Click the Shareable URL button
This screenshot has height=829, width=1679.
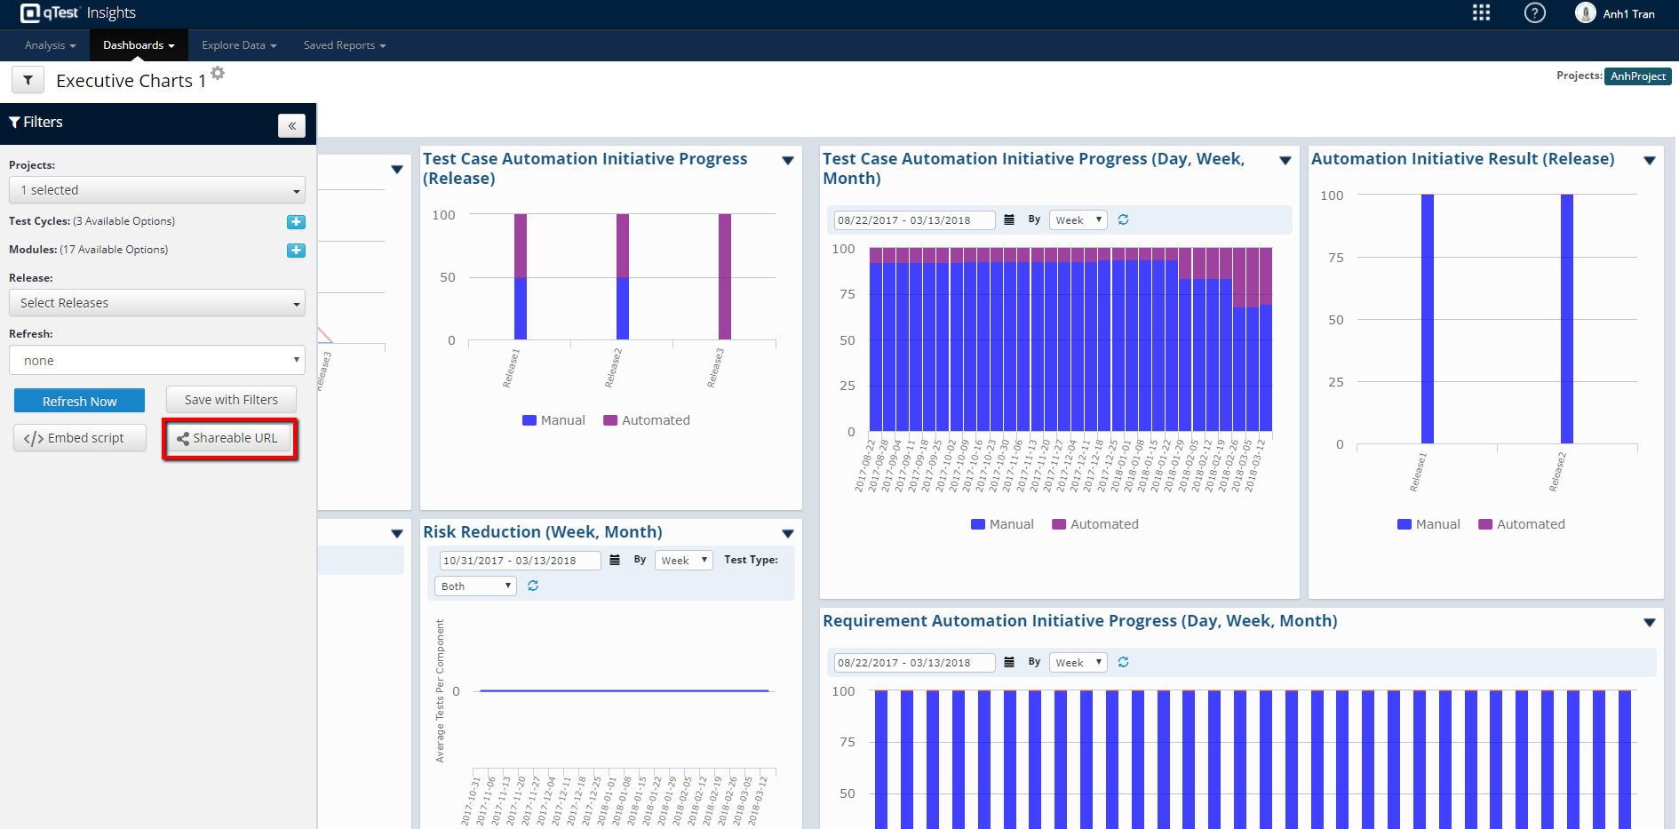click(x=229, y=438)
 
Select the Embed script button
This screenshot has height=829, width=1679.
click(x=80, y=438)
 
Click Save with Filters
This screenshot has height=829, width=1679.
click(x=231, y=400)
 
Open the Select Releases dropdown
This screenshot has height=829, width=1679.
click(x=157, y=303)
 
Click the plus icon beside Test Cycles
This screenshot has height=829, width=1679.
click(x=296, y=222)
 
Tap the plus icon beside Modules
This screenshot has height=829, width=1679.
click(x=296, y=251)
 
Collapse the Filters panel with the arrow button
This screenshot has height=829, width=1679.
click(x=291, y=125)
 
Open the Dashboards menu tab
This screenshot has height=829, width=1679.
click(x=139, y=45)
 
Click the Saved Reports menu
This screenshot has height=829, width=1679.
click(x=344, y=45)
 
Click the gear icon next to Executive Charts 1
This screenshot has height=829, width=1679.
click(x=218, y=73)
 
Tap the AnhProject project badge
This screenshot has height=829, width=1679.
click(x=1637, y=76)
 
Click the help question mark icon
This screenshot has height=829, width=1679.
click(x=1534, y=13)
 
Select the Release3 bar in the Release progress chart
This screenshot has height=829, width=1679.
click(x=725, y=276)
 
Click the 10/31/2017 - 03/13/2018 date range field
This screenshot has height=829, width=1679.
click(x=520, y=561)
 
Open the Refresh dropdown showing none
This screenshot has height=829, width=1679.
click(x=157, y=361)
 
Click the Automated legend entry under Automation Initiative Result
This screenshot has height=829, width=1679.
click(x=1522, y=524)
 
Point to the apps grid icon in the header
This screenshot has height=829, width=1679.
click(x=1481, y=13)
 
